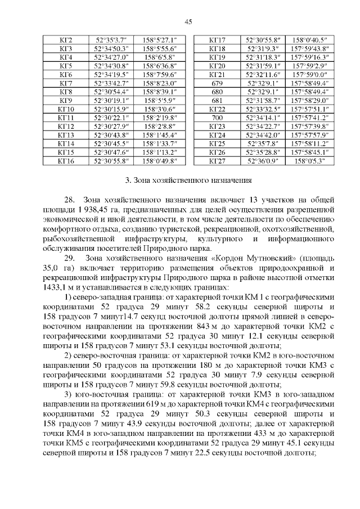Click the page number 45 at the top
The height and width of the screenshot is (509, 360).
click(188, 21)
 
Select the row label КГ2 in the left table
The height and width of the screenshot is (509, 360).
click(66, 40)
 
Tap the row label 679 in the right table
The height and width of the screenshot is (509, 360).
click(217, 83)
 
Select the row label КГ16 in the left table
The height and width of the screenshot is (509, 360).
click(66, 160)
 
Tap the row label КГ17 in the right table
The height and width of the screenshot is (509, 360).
click(217, 40)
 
